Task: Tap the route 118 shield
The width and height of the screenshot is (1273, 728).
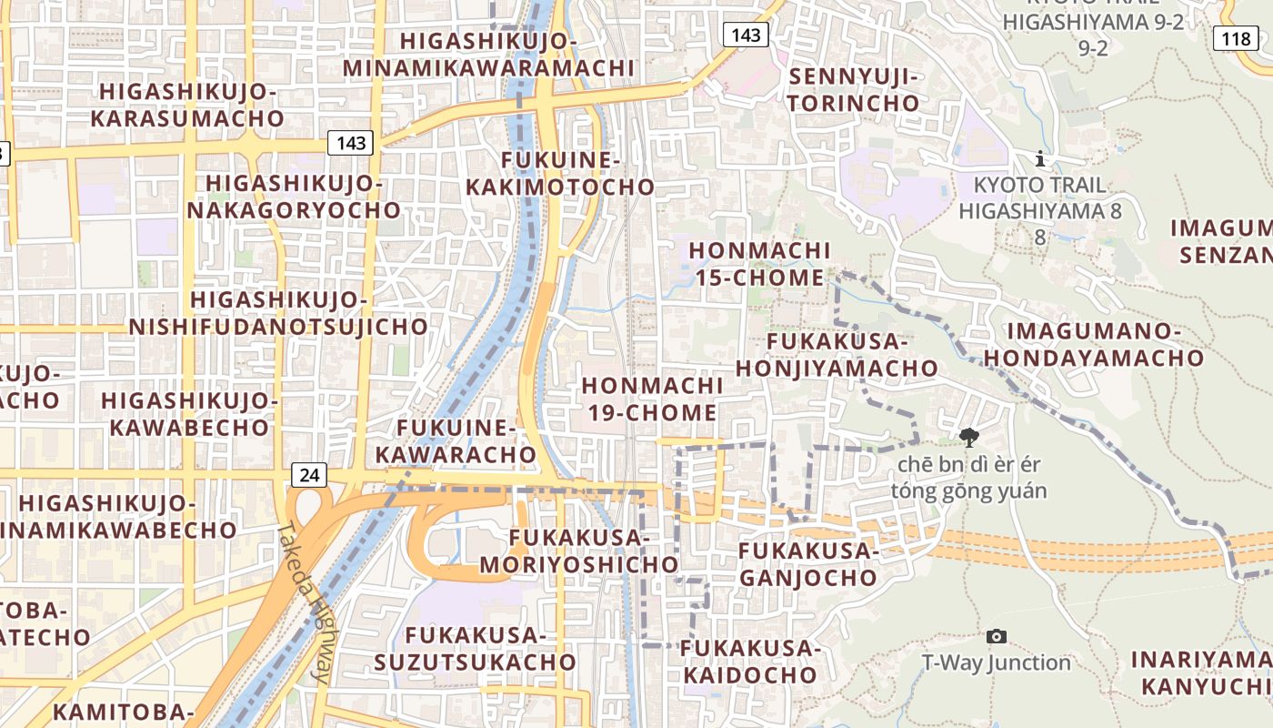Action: click(1236, 38)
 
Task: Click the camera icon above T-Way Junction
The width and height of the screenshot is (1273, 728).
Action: click(997, 636)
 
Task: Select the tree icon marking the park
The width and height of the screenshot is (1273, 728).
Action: click(969, 438)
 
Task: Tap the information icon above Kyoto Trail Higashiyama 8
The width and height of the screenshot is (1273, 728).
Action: click(1040, 159)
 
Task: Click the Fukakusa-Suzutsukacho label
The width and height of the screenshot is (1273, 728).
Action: click(491, 648)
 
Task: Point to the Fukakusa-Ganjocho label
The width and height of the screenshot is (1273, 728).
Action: click(807, 564)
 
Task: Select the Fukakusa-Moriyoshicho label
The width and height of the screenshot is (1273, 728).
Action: click(579, 551)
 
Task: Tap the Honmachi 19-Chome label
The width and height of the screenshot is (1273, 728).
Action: click(652, 399)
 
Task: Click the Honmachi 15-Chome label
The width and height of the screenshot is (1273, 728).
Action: click(760, 264)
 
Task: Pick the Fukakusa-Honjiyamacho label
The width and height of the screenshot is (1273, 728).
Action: click(837, 355)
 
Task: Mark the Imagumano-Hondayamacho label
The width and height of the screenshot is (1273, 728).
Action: click(1093, 345)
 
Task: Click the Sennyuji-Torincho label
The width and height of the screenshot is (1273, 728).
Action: click(854, 89)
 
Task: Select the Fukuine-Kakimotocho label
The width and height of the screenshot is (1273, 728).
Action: click(560, 174)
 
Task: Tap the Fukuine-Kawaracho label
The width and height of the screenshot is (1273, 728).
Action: click(456, 440)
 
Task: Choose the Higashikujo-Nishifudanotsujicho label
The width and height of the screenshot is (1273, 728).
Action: click(278, 313)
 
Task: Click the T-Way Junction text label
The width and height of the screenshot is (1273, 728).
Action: click(997, 662)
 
